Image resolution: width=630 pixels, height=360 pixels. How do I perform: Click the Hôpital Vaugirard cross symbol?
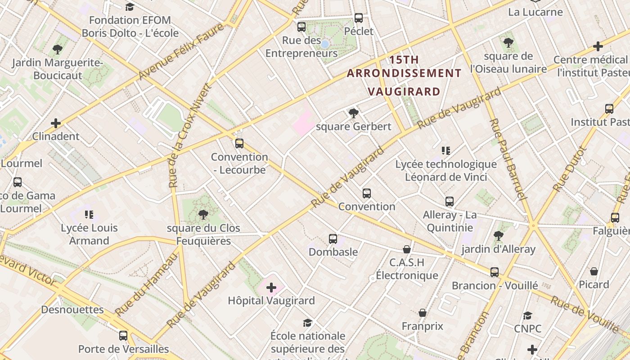(x=271, y=287)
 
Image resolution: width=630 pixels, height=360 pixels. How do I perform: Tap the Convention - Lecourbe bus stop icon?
(x=239, y=144)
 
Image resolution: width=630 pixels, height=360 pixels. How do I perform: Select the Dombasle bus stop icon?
(x=333, y=239)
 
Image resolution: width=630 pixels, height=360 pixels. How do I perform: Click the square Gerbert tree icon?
(x=354, y=113)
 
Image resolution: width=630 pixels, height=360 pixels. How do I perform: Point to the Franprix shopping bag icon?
(x=423, y=313)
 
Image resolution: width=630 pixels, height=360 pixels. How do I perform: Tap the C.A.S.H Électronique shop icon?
(x=407, y=249)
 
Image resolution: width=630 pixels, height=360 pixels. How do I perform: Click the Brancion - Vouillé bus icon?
(x=495, y=272)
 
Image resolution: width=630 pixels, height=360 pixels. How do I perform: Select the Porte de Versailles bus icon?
(x=123, y=336)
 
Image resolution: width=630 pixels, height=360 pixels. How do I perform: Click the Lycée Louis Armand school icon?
(x=89, y=215)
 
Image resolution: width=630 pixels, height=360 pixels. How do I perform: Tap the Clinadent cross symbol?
(x=56, y=123)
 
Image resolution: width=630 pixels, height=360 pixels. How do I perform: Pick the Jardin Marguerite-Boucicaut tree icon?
(x=57, y=49)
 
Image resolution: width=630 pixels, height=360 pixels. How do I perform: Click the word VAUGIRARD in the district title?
(x=404, y=92)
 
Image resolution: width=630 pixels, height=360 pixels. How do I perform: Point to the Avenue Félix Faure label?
(x=181, y=52)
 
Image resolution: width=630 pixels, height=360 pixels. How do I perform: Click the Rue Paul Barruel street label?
(x=508, y=160)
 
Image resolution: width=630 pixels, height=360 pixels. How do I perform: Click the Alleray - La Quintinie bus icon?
(x=450, y=202)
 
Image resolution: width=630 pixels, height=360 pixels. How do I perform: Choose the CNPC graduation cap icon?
(x=527, y=316)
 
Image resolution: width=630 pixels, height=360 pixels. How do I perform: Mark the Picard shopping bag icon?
(x=594, y=271)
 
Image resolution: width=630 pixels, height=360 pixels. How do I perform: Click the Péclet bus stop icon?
(x=359, y=18)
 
